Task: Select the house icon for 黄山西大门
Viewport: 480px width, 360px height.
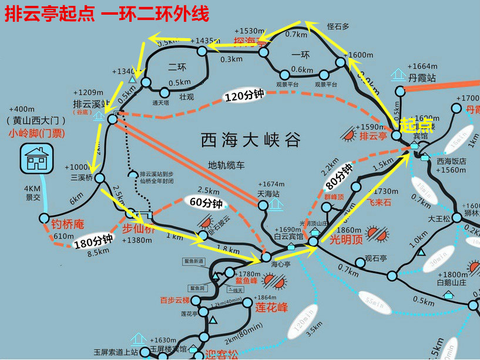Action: [x=36, y=158]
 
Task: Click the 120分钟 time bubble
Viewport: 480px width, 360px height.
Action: [x=244, y=95]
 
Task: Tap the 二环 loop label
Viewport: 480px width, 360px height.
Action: [x=177, y=67]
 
